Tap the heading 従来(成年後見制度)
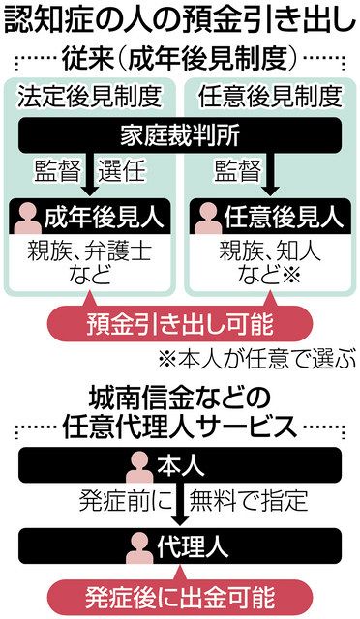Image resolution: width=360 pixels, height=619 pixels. click(180, 58)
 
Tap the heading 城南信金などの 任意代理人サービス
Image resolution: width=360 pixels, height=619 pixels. click(180, 410)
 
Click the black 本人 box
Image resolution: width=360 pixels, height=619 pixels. click(180, 467)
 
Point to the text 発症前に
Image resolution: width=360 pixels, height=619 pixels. click(121, 503)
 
